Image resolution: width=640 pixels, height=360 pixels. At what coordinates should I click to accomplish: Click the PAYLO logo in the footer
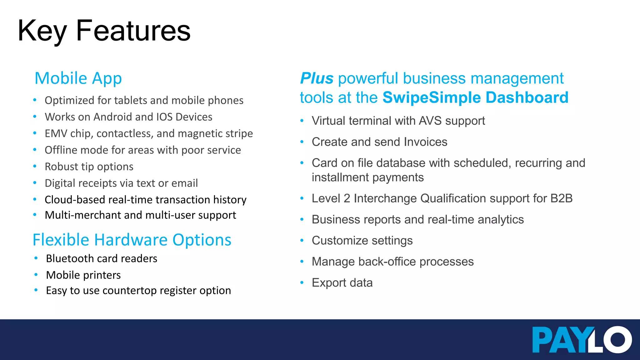click(582, 340)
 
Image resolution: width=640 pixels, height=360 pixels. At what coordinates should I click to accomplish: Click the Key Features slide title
click(104, 31)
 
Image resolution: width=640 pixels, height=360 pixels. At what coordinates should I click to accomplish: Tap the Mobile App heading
click(78, 78)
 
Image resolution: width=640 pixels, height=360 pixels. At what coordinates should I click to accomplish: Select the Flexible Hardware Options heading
click(132, 240)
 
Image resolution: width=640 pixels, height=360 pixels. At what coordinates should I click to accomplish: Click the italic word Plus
click(317, 78)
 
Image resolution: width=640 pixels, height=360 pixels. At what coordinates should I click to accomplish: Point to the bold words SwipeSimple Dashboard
click(475, 97)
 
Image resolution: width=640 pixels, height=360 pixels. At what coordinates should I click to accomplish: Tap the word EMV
click(56, 133)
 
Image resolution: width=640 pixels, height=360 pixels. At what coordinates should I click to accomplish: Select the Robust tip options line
click(89, 167)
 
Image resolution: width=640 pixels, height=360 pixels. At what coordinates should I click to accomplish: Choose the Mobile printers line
click(83, 275)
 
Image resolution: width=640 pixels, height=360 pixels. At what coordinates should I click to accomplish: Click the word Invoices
click(425, 142)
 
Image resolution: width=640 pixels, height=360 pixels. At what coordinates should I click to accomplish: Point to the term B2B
click(561, 198)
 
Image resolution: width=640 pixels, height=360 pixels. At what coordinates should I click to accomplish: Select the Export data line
click(342, 283)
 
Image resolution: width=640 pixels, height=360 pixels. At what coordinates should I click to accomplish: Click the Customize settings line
click(362, 241)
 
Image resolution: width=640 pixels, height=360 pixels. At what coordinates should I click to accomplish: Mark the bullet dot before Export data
click(302, 283)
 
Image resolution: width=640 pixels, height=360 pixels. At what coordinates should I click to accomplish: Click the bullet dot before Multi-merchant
click(35, 215)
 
